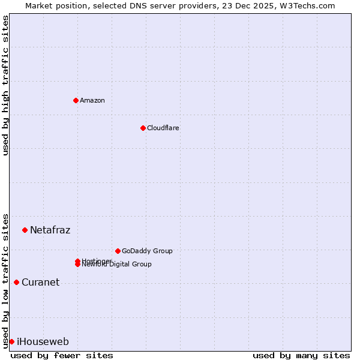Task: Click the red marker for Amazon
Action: (x=76, y=100)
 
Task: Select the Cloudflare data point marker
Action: (x=143, y=128)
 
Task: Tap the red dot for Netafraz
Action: (x=25, y=230)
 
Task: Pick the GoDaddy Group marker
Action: (x=118, y=251)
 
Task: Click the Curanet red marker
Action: (x=16, y=282)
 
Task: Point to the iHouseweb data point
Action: (x=11, y=341)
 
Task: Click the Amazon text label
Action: (x=92, y=100)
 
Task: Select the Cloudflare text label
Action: (x=163, y=128)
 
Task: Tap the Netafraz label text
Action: (x=50, y=230)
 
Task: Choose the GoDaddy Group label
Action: (x=147, y=251)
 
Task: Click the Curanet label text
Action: (x=40, y=282)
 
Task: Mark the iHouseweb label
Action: (x=43, y=341)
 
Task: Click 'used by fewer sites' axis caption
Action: (x=62, y=355)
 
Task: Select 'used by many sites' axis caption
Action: (x=301, y=355)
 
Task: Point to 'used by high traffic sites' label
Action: (x=5, y=85)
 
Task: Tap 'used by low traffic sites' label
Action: (x=5, y=280)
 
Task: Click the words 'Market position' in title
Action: (x=53, y=5)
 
